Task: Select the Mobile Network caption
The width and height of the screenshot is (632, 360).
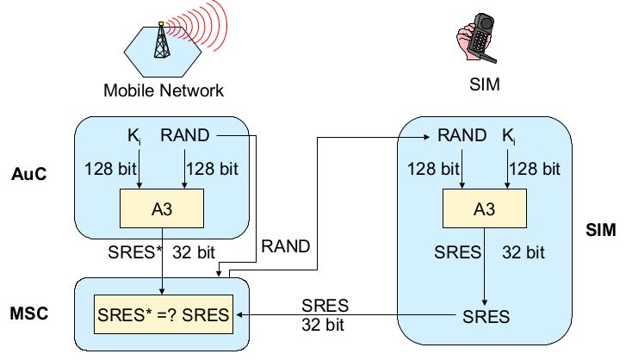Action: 164,90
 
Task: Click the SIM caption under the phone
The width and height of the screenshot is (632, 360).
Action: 484,86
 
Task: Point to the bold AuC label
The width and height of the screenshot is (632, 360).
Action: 28,174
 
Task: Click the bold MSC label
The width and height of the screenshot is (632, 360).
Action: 30,313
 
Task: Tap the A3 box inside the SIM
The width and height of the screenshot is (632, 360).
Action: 485,208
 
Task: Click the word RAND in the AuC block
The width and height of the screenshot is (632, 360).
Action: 184,135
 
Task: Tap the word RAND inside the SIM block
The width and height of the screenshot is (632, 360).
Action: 462,135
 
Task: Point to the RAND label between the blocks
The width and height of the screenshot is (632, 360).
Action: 286,246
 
